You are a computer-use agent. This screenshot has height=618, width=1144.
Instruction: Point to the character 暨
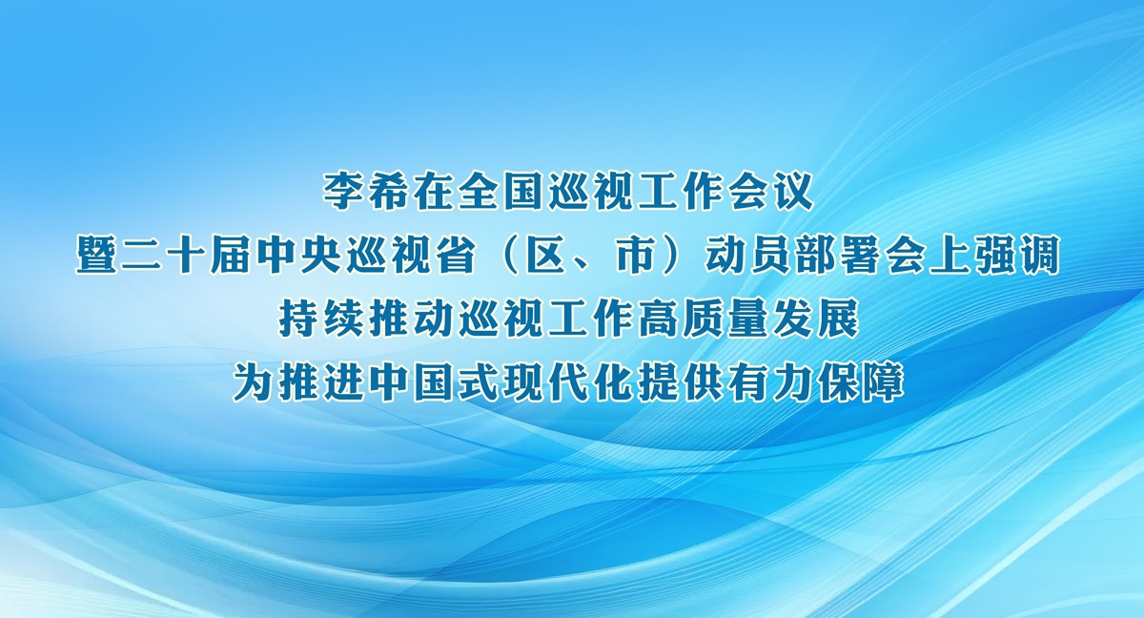point(98,257)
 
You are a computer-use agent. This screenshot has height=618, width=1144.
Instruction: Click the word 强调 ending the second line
point(1014,257)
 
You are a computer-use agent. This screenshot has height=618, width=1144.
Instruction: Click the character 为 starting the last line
point(255,383)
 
